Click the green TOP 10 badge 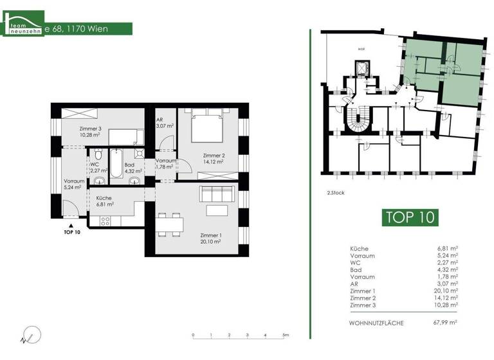click(x=410, y=217)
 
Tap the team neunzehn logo click(x=24, y=27)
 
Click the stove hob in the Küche click(x=105, y=221)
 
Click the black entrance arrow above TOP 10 click(x=73, y=225)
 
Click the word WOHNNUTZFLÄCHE click(x=376, y=323)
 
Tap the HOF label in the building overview click(x=361, y=49)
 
